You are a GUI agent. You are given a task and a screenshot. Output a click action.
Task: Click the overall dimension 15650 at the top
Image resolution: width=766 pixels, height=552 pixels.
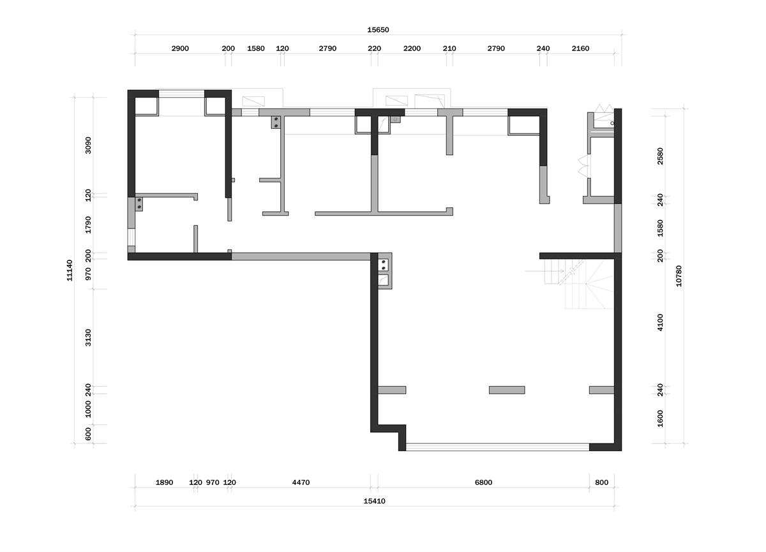coord(378,30)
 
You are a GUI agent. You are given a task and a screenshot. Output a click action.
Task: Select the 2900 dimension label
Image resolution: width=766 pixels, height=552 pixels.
coord(180,48)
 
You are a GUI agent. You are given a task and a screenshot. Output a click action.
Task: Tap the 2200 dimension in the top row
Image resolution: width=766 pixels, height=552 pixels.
coord(412,48)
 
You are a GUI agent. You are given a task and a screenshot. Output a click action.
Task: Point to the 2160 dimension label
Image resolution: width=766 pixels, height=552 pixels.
coord(580,48)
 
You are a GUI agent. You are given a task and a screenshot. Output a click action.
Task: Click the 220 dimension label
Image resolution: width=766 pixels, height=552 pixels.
coord(374,48)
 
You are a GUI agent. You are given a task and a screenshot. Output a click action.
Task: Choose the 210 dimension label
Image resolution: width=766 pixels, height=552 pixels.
coord(449,48)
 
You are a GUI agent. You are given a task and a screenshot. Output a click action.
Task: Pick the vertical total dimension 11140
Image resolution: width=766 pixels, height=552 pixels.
coord(70,271)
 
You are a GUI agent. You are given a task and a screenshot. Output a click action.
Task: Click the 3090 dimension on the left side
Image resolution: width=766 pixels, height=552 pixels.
coord(88,145)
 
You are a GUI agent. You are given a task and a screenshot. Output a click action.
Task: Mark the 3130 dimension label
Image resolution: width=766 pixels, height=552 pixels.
coord(88,338)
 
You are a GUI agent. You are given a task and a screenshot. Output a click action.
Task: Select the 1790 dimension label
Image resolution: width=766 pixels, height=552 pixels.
coord(88,225)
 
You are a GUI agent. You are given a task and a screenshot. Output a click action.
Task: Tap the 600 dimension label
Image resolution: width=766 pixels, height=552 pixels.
coord(88,434)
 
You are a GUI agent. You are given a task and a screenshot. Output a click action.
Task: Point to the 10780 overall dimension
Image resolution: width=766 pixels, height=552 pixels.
coord(679,276)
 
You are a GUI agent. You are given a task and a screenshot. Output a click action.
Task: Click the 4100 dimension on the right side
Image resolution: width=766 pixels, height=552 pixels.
coord(660,322)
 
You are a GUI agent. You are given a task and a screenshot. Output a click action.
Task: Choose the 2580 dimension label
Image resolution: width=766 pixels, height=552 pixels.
coord(660,156)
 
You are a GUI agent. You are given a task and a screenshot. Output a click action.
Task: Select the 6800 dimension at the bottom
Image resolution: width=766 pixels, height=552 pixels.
coord(483,482)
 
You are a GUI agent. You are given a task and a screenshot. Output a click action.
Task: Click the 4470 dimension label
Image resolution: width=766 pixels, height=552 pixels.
coord(301,482)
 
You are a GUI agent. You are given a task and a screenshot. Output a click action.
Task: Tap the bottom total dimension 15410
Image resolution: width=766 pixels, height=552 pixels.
coord(374,501)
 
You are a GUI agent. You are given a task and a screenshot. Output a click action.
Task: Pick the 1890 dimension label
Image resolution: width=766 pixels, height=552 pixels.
coord(164,482)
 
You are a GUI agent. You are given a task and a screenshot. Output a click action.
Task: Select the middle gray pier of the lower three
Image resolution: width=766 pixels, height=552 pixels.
coord(507,390)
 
